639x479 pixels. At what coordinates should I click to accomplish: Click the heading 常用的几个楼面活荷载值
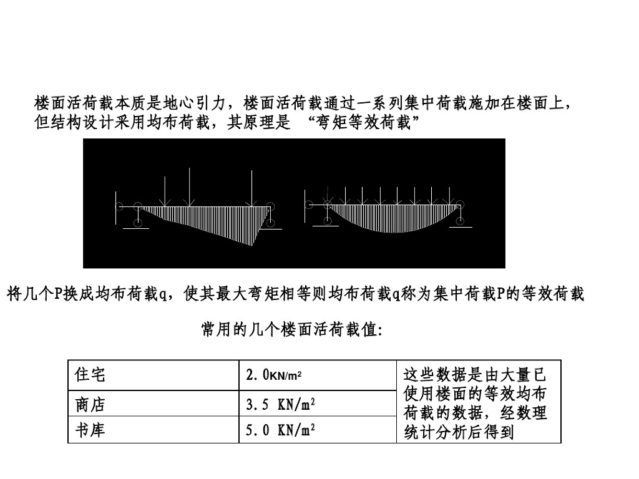[291, 329]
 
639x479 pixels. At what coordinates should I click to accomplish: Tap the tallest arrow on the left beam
[251, 187]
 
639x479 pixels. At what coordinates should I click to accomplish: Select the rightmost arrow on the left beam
[251, 187]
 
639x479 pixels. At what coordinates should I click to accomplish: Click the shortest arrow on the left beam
[165, 190]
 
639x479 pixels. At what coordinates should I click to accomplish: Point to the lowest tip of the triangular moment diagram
[252, 245]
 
